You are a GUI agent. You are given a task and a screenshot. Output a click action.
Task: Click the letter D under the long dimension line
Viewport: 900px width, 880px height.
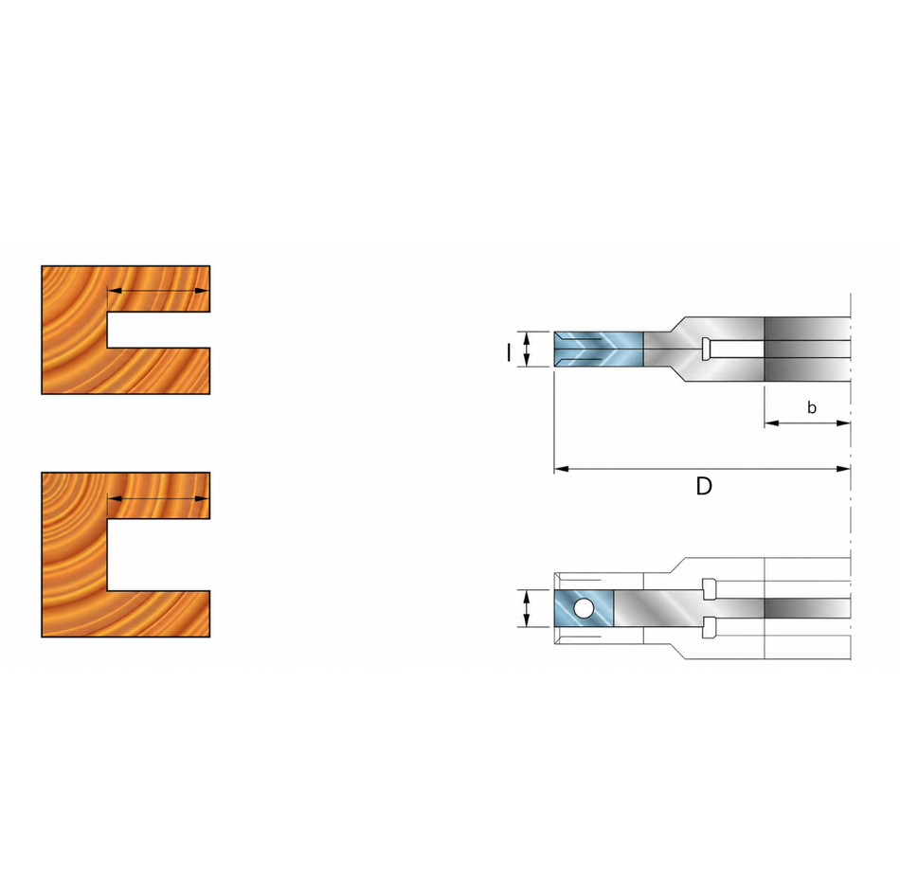click(704, 486)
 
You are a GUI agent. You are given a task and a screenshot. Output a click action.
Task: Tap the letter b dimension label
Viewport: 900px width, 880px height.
click(812, 407)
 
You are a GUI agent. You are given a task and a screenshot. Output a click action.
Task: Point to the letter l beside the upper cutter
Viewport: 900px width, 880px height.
click(509, 352)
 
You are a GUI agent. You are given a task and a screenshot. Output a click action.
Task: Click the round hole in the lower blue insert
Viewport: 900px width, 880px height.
click(584, 608)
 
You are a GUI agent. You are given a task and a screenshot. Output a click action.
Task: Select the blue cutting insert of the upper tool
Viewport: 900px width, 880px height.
click(598, 349)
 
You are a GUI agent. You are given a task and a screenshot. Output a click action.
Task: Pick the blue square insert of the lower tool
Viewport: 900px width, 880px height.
click(585, 608)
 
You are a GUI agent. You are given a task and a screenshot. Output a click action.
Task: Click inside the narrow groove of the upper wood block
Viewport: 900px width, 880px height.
click(158, 330)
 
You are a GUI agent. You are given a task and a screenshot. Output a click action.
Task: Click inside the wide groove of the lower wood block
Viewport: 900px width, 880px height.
click(158, 554)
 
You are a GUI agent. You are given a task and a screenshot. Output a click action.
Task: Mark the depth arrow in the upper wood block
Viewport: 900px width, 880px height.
click(158, 291)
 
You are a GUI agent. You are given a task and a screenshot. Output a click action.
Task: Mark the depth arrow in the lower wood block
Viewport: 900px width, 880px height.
click(158, 498)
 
